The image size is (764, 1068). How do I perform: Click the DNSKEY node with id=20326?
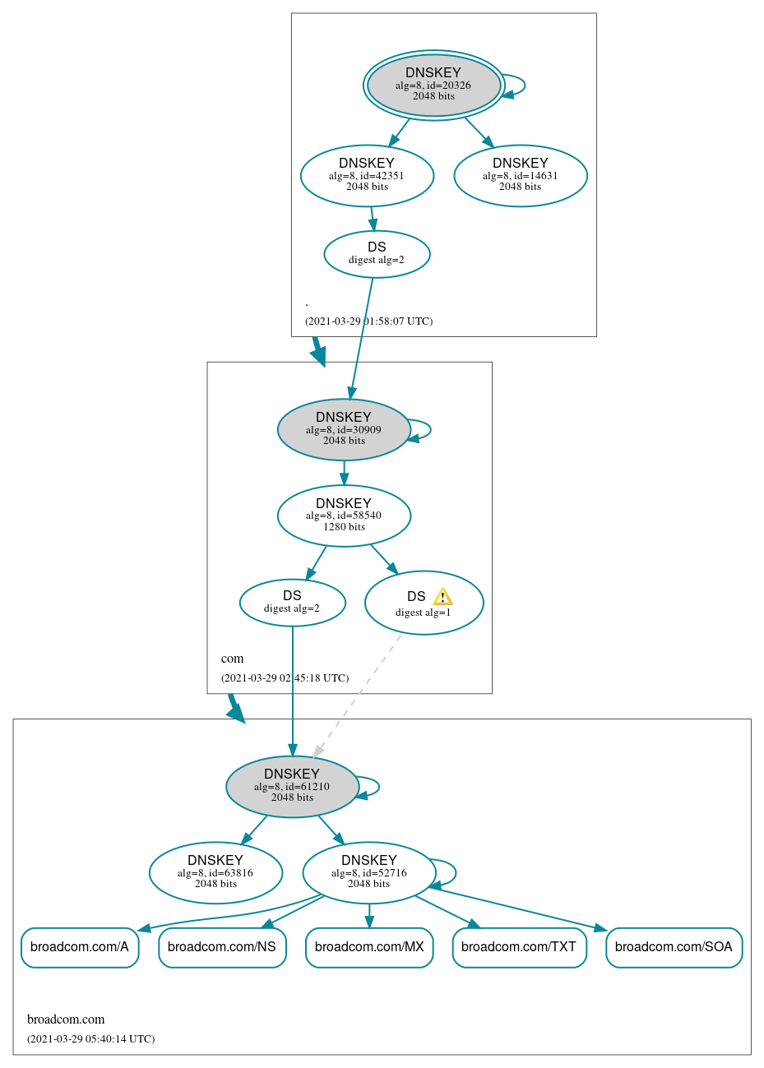pos(433,85)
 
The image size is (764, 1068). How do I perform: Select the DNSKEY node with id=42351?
pos(367,175)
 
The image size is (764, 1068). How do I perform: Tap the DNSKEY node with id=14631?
pos(520,175)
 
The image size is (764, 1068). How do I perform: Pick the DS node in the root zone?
pos(377,254)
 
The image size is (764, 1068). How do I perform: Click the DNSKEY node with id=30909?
pos(344,429)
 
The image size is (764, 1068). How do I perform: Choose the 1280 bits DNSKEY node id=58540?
pos(344,516)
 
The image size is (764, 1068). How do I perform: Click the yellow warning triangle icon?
pos(442,597)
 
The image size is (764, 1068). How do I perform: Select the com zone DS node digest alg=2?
pos(292,603)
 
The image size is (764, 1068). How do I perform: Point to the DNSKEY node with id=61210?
pos(292,786)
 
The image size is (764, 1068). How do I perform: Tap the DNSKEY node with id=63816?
pos(215,872)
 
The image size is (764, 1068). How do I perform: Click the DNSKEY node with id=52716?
pos(368,872)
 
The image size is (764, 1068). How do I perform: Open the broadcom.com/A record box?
pos(80,947)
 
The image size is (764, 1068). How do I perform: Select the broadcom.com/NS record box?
pos(222,947)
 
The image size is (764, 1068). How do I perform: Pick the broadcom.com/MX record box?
pos(369,947)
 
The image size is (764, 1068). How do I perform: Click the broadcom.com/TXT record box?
pos(519,947)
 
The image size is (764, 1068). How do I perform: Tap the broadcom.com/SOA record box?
pos(674,947)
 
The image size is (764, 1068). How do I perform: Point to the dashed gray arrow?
pos(358,695)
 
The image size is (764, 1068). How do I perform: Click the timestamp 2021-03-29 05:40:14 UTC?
pos(90,1039)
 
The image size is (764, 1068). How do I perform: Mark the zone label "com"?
pos(233,659)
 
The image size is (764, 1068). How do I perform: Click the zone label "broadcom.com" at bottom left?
pos(66,1019)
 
